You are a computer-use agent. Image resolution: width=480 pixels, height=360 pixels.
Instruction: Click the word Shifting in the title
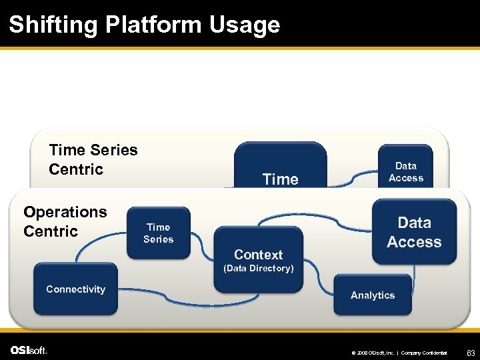[54, 25]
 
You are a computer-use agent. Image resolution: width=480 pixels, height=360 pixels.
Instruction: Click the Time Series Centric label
[93, 159]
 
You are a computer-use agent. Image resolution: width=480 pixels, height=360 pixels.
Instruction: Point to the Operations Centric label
[65, 221]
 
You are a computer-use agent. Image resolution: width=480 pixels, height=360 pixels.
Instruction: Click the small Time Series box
[159, 233]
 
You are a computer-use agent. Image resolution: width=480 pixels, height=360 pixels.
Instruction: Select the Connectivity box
[75, 289]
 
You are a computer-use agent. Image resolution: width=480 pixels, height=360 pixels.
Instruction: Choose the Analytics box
[372, 295]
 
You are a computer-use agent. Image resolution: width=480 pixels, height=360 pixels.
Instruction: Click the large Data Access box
[413, 233]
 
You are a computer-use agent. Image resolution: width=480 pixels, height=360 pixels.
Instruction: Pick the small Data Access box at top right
[405, 171]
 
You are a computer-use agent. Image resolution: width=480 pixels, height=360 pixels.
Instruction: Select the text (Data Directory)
[259, 269]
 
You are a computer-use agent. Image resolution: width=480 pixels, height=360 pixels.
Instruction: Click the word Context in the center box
[259, 255]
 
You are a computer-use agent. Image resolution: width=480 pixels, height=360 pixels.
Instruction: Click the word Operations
[65, 212]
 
